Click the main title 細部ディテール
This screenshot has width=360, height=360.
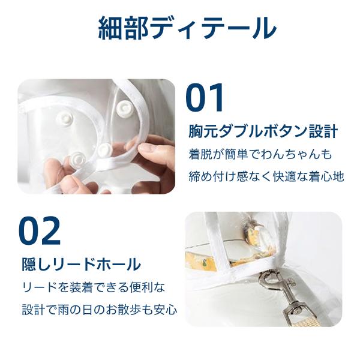187,28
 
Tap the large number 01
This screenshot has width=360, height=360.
204,97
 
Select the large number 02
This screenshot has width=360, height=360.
40,230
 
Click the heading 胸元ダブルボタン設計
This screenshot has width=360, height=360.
263,131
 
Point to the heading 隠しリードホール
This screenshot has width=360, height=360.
81,264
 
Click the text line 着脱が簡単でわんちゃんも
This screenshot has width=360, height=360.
260,154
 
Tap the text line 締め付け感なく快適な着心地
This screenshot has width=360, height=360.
266,176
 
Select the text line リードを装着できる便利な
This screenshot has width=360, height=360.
94,287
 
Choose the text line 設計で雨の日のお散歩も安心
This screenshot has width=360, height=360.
100,309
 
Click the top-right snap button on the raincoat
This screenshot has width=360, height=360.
124,108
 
